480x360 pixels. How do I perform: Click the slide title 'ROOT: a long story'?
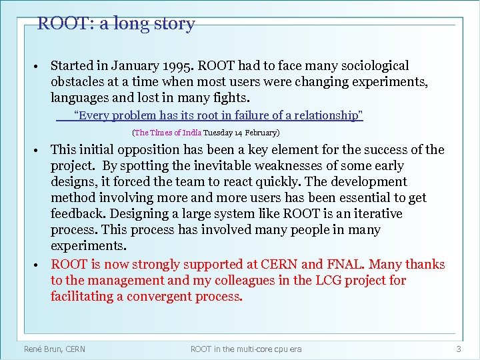(116, 24)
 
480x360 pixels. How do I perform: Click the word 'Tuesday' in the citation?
(219, 133)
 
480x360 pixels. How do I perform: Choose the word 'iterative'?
(378, 214)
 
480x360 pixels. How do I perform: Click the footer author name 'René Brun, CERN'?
(55, 349)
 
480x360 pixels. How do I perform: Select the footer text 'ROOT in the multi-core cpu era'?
(246, 349)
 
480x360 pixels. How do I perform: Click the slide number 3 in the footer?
(458, 349)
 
